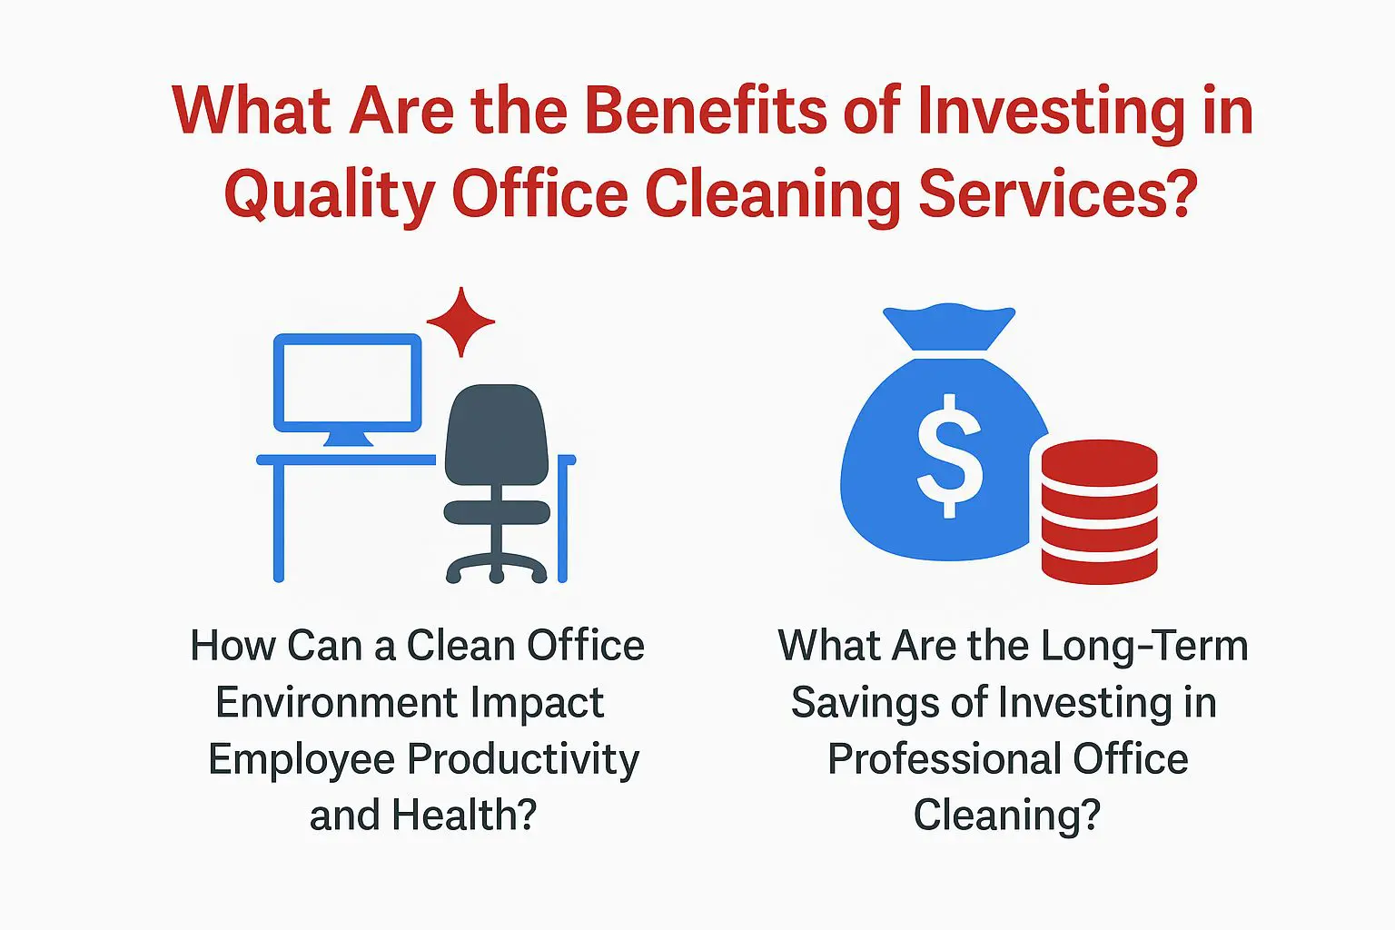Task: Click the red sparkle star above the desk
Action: (x=460, y=322)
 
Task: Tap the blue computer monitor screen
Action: (x=348, y=382)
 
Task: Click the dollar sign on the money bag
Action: (x=949, y=456)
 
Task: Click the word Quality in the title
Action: (x=327, y=194)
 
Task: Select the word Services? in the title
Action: (x=1058, y=194)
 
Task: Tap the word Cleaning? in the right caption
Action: (x=1006, y=816)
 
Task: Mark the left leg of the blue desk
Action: (x=279, y=521)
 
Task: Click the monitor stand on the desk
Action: (x=348, y=440)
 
